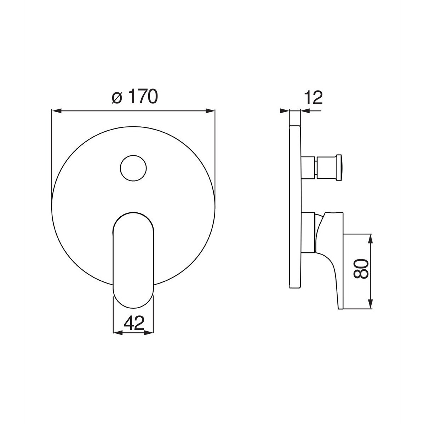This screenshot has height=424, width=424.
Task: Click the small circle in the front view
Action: click(x=133, y=168)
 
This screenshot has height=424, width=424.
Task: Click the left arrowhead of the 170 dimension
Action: click(x=56, y=110)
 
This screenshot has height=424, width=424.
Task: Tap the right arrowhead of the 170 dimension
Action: click(x=211, y=110)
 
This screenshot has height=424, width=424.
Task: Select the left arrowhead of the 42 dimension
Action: click(x=118, y=333)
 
